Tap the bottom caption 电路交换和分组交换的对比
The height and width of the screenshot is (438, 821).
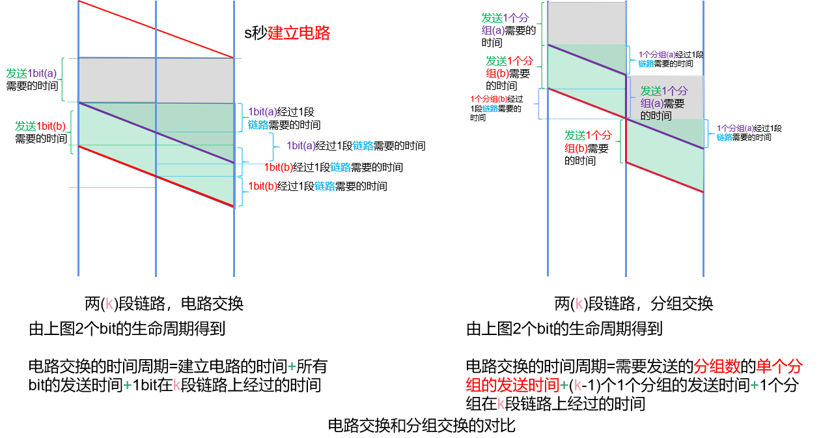[x=421, y=426]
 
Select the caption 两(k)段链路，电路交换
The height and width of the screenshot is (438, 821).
[x=164, y=303]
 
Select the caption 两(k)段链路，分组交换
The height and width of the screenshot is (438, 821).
[x=633, y=303]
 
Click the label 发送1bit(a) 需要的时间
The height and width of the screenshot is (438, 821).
[x=32, y=80]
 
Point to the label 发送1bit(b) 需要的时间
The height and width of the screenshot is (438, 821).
[x=41, y=132]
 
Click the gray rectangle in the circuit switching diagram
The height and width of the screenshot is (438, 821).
[x=156, y=80]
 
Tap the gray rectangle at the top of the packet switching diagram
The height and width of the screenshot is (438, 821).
[x=587, y=23]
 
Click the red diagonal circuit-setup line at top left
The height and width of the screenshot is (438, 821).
[x=156, y=29]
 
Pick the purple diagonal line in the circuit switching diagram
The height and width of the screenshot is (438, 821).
[x=156, y=132]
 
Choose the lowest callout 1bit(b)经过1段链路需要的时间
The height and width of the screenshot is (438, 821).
[x=318, y=186]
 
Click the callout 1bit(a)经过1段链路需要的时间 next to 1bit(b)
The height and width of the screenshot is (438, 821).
[x=355, y=146]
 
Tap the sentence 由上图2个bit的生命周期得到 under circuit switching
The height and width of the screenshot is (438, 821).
[x=127, y=329]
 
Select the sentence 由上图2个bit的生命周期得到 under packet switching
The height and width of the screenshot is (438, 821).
[x=564, y=329]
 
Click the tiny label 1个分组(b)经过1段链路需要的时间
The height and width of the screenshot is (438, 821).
[x=496, y=108]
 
